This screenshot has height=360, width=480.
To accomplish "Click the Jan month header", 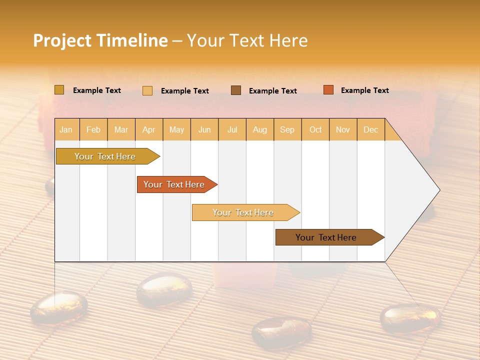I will click(x=66, y=129).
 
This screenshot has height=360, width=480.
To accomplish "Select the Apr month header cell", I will click(x=148, y=129).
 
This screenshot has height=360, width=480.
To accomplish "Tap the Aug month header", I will click(x=259, y=129).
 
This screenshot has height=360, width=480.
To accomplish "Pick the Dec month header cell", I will click(x=370, y=129).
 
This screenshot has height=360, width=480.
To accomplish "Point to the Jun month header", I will click(x=204, y=129).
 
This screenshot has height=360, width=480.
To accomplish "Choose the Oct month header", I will click(x=315, y=129).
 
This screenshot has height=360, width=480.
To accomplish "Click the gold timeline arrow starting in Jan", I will click(x=105, y=156).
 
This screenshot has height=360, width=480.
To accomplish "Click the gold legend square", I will click(x=59, y=90).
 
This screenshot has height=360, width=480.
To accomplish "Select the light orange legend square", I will click(x=147, y=90).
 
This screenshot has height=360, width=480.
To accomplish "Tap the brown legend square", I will click(x=236, y=90).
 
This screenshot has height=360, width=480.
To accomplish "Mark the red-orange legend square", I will click(x=328, y=90).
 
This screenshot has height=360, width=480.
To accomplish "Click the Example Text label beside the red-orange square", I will click(x=364, y=90).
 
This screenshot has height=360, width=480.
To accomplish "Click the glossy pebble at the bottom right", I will click(x=410, y=317).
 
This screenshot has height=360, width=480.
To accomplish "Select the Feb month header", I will click(x=93, y=129).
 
